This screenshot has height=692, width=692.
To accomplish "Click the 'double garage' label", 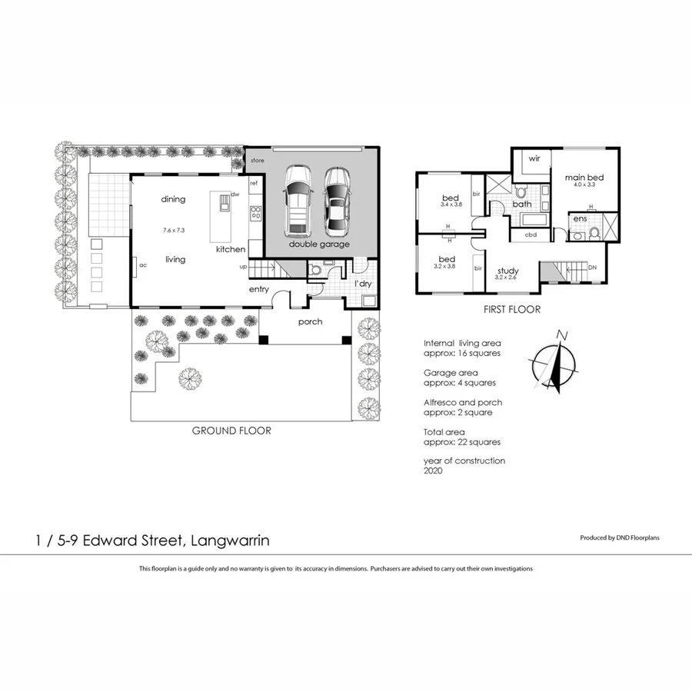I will (319, 244).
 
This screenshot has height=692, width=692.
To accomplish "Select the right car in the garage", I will (336, 201).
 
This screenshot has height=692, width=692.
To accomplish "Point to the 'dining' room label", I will (173, 199).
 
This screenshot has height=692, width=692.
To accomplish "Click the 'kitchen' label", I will (231, 249).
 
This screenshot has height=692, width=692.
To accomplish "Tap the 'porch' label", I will (310, 321).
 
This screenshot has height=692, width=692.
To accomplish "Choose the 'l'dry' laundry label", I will (363, 284).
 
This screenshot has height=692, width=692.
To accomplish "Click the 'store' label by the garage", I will (257, 161).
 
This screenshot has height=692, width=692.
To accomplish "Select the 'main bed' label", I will (584, 177).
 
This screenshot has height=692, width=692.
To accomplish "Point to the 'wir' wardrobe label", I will (534, 160).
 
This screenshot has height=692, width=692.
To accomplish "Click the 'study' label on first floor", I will (507, 271).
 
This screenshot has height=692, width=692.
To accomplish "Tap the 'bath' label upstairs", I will (522, 204).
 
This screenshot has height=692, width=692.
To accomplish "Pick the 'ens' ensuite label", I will (580, 220).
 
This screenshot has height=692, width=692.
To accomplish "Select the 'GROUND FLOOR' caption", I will (231, 431).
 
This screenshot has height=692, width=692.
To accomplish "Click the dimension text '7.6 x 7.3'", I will (175, 230).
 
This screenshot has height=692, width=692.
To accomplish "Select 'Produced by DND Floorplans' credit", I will (619, 538).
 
